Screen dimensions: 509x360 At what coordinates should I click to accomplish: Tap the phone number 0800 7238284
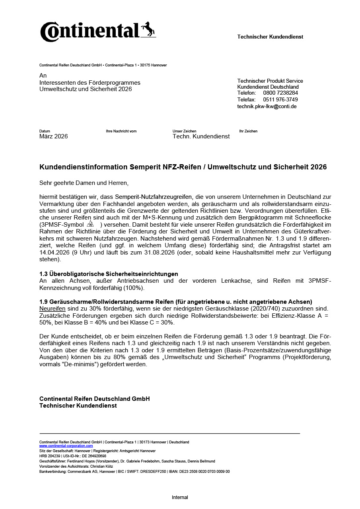pyautogui.click(x=280, y=93)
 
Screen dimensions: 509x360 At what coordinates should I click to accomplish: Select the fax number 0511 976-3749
pyautogui.click(x=280, y=99)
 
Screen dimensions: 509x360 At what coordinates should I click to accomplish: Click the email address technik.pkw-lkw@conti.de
pyautogui.click(x=267, y=106)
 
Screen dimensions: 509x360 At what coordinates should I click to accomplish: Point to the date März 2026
pyautogui.click(x=53, y=136)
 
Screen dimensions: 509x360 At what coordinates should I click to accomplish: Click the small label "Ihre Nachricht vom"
pyautogui.click(x=121, y=131)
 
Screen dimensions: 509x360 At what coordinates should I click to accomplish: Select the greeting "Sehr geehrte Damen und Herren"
pyautogui.click(x=84, y=183)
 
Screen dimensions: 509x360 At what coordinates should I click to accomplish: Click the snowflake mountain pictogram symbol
pyautogui.click(x=90, y=224)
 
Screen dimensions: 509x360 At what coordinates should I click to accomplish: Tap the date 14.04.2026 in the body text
pyautogui.click(x=54, y=252)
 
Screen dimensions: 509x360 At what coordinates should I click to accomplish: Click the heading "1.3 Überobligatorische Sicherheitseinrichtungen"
pyautogui.click(x=109, y=274)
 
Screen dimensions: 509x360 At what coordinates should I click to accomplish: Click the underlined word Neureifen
pyautogui.click(x=52, y=308)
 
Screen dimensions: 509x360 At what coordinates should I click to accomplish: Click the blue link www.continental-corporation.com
pyautogui.click(x=66, y=446)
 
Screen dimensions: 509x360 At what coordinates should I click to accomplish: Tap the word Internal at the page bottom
pyautogui.click(x=180, y=497)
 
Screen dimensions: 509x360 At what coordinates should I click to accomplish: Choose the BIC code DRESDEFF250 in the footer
pyautogui.click(x=153, y=472)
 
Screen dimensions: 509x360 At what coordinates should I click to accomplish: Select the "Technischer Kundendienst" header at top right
pyautogui.click(x=270, y=37)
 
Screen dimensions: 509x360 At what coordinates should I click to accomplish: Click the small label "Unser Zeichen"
pyautogui.click(x=184, y=131)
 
